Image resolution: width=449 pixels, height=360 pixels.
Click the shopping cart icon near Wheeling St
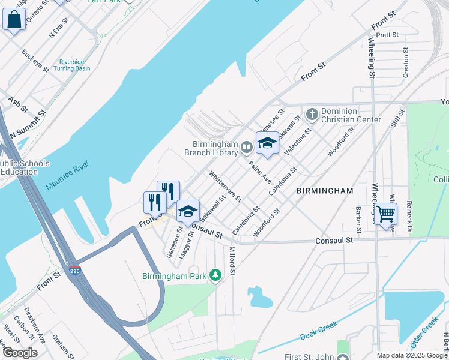tap(386, 213)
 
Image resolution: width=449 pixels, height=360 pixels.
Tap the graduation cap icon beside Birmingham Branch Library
tap(268, 143)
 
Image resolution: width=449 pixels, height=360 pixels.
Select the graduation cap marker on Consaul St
tap(188, 211)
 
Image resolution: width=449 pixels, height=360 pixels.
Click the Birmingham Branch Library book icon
tap(246, 147)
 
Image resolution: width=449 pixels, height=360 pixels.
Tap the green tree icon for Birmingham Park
tap(215, 275)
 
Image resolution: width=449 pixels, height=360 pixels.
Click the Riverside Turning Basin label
tap(75, 65)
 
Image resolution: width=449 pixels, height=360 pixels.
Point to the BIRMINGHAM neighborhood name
tap(325, 191)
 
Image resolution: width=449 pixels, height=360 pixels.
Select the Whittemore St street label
tap(225, 186)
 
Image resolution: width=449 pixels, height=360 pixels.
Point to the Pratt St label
tap(387, 35)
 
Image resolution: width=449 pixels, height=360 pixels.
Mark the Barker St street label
tap(358, 220)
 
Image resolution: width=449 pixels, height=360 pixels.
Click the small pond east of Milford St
tap(259, 296)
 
